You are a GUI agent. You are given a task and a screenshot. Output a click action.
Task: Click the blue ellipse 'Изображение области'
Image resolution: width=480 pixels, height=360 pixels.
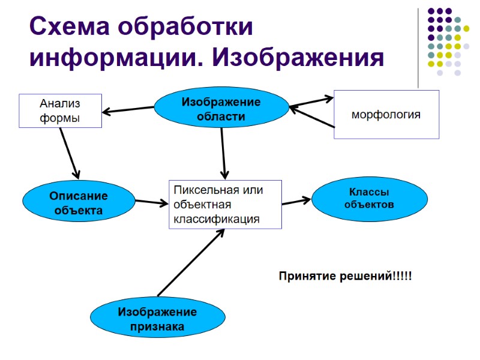coord(221,109)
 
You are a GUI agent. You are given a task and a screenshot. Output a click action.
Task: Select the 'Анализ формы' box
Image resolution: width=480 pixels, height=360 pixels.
coord(60,111)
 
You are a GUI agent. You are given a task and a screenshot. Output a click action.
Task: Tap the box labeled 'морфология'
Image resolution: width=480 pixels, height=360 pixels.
coord(386,115)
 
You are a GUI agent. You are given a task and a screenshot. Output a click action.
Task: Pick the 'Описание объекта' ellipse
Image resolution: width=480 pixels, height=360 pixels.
coord(78,203)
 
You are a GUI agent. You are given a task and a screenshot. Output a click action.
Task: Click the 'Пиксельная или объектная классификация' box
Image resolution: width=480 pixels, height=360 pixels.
coord(225,205)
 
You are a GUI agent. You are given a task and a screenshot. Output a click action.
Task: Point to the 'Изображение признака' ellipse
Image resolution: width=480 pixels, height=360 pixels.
coord(157,319)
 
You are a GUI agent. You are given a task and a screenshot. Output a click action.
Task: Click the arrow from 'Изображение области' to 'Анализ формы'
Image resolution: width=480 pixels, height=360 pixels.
coord(128,110)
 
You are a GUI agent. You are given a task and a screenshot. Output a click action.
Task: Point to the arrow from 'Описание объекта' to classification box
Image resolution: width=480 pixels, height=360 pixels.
coord(152,203)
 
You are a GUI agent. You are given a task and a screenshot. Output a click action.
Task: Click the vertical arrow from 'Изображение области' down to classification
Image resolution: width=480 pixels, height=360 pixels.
coord(223,153)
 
